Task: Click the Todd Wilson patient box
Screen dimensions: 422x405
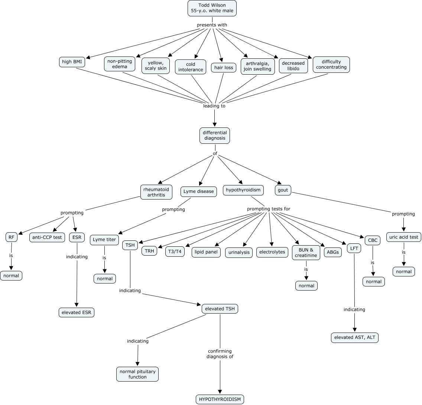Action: click(212, 8)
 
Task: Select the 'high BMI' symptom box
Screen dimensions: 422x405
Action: click(72, 62)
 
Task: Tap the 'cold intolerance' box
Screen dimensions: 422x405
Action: click(191, 67)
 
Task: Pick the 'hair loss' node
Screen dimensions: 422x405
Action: click(224, 68)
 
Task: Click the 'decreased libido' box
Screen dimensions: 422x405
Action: click(293, 66)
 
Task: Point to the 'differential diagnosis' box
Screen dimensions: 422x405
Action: click(214, 135)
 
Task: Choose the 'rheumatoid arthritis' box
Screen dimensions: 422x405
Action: click(156, 192)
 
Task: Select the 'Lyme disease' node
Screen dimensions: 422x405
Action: click(199, 191)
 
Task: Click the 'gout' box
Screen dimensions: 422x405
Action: click(283, 190)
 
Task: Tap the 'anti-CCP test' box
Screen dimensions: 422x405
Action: click(47, 237)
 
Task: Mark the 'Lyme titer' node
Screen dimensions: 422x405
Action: click(104, 240)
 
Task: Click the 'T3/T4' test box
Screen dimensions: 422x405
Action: click(175, 252)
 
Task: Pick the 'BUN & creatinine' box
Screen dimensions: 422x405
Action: click(306, 253)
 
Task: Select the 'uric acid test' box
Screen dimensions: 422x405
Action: click(403, 237)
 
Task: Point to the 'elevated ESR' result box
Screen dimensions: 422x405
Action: click(77, 312)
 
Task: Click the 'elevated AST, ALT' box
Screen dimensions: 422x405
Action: click(355, 337)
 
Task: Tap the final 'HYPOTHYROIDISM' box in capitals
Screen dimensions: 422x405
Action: click(220, 399)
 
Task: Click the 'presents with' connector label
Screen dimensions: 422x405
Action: click(212, 25)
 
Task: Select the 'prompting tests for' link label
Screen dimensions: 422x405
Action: click(269, 209)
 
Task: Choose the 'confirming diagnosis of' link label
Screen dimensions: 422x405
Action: click(220, 354)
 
